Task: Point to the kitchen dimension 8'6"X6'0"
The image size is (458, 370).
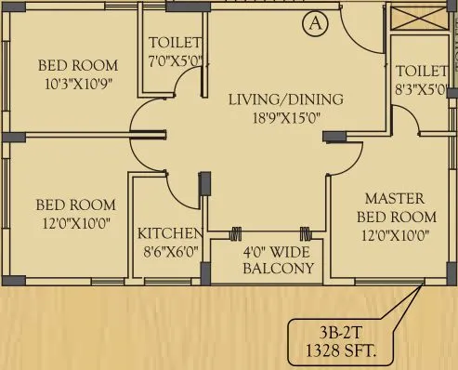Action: [169, 251]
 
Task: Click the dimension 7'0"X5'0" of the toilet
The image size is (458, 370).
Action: [174, 60]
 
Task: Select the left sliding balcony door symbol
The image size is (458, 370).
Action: [237, 233]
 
